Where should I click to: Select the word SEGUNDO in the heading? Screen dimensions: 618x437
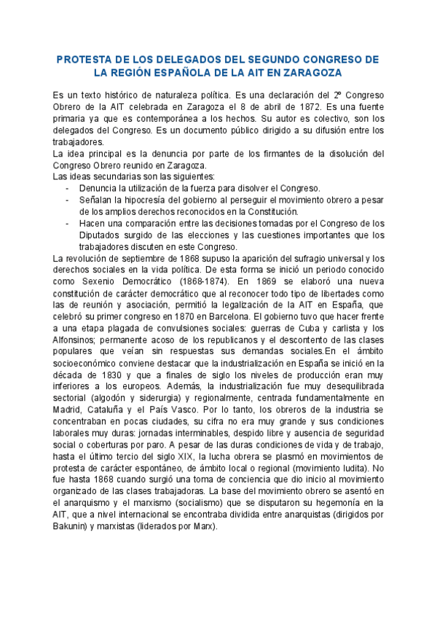point(261,59)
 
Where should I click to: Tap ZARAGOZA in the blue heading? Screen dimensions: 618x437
point(307,73)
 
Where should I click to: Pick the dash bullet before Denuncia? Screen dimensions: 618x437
point(68,188)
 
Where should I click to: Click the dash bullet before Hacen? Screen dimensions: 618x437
point(68,223)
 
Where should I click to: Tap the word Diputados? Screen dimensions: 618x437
point(104,235)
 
